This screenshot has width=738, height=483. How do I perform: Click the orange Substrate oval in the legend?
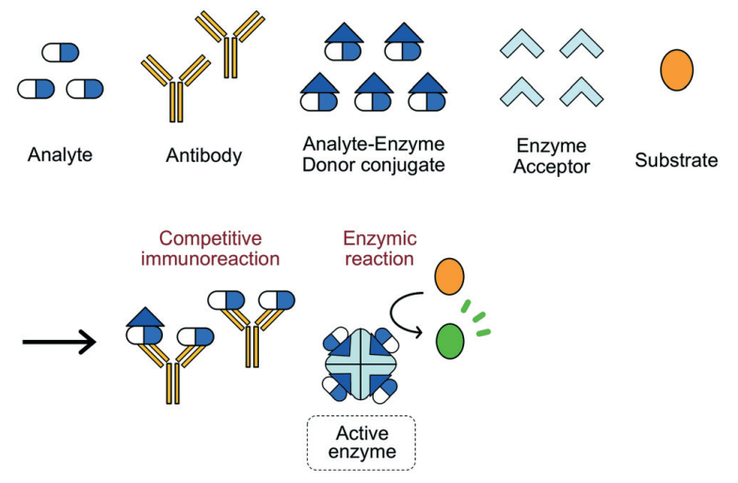(677, 70)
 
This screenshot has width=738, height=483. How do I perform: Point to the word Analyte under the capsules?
(60, 155)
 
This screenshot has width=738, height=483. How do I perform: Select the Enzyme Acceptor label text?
(553, 156)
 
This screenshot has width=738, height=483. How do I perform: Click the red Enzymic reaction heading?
(380, 248)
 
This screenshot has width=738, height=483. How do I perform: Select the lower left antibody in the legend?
(175, 86)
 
